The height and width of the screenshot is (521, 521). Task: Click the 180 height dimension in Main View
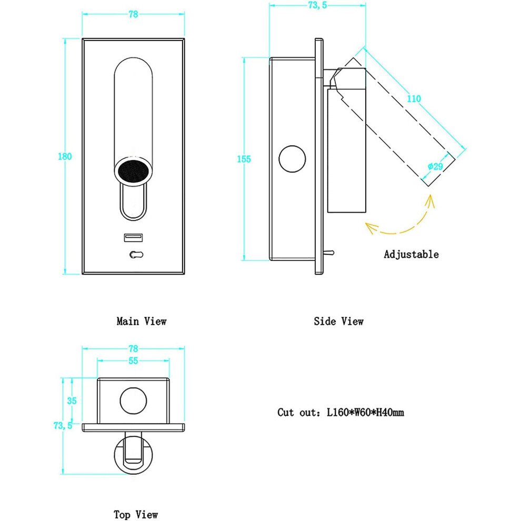click(x=65, y=156)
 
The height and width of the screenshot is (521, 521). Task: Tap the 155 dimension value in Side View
click(x=244, y=159)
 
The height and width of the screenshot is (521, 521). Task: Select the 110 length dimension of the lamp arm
click(x=414, y=98)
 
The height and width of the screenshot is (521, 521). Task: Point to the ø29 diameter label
click(x=435, y=166)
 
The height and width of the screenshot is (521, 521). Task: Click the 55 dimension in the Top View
click(x=133, y=360)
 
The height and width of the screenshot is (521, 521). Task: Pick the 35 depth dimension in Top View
click(x=72, y=400)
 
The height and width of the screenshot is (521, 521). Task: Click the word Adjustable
click(x=412, y=254)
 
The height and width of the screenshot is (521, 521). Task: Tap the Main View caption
click(x=142, y=322)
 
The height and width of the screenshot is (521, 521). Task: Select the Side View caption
click(x=338, y=322)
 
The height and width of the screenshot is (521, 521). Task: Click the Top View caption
click(x=136, y=515)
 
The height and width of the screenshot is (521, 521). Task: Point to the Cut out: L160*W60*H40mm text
click(x=341, y=413)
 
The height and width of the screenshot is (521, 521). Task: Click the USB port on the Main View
click(x=134, y=237)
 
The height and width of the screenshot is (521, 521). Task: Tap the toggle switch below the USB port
click(x=136, y=255)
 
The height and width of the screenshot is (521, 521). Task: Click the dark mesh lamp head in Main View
click(x=133, y=172)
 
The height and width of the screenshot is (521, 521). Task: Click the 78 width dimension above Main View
click(x=133, y=14)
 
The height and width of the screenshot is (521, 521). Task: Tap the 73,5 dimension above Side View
click(x=318, y=5)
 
